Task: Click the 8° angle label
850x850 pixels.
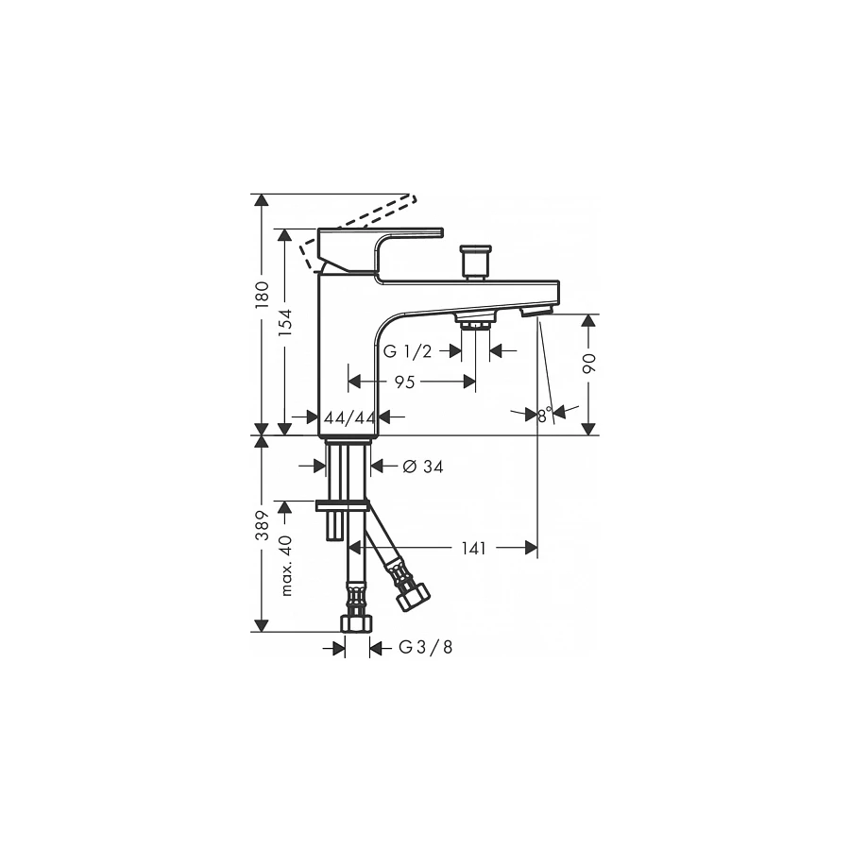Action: [544, 414]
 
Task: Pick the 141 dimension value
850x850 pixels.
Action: [475, 548]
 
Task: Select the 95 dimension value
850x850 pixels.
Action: [405, 382]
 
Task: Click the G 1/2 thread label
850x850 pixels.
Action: [408, 351]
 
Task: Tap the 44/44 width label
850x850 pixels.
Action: [349, 416]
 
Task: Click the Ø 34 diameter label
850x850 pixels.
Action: [423, 466]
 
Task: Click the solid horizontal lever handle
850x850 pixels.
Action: [397, 233]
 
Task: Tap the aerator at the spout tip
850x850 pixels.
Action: [535, 312]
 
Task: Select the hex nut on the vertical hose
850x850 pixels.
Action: [356, 624]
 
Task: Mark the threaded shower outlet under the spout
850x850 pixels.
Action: [475, 322]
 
